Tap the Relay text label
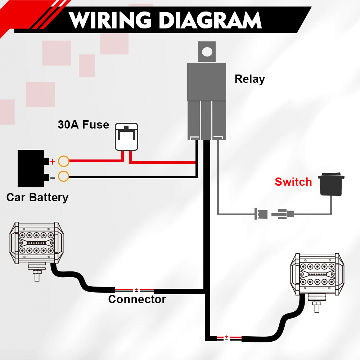pos(249,79)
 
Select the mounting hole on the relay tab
pos(207,51)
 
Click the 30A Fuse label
pos(83,125)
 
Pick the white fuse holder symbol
pos(126,137)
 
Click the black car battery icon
pos(32,168)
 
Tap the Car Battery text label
pos(37,197)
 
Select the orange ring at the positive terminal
pos(64,161)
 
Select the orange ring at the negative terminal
pos(64,177)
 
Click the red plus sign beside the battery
pos(53,162)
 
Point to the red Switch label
pos(293,182)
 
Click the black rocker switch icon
pos(331,185)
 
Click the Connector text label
pos(137,299)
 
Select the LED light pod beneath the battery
pos(36,243)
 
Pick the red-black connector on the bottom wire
pos(226,338)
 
